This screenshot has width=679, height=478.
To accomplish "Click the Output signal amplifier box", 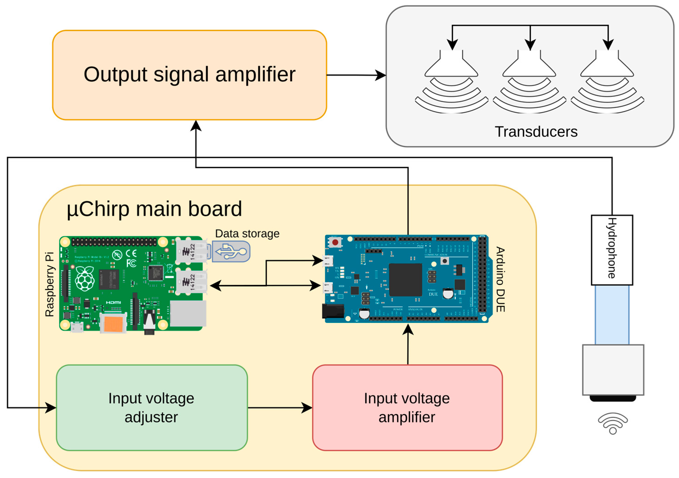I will (x=189, y=75).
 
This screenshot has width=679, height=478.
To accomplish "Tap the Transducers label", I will (x=536, y=132).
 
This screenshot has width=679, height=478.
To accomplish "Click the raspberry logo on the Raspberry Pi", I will (x=85, y=278).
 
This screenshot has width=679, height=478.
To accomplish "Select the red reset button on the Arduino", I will (x=335, y=243).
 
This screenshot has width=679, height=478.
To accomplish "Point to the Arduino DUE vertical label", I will (x=500, y=279).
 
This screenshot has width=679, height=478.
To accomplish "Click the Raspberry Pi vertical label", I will (x=50, y=284).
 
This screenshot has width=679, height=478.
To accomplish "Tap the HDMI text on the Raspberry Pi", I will (x=113, y=302).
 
